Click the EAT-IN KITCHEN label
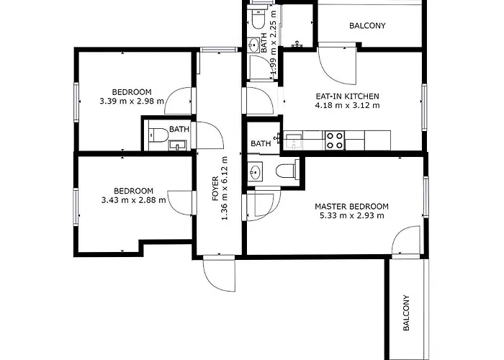point(347,96)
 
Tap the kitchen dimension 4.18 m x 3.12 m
point(347,105)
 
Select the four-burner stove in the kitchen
point(335,140)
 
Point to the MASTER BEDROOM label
point(351,205)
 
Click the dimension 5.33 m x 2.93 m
point(351,215)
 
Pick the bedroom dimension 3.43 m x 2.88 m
point(134,200)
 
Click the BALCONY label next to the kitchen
point(367,26)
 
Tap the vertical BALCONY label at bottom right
point(406,312)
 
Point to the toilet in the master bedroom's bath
point(286,172)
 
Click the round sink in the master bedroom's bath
point(256,172)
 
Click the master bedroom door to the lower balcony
point(408,242)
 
